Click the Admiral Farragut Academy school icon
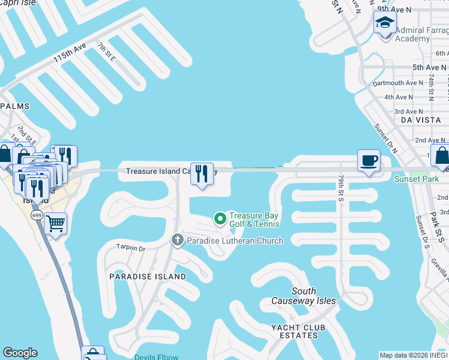tap(385, 24)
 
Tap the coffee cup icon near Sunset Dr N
tap(369, 161)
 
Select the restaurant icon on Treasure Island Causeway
tap(202, 174)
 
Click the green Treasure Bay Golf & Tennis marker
tap(220, 217)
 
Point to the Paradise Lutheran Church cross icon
tap(177, 241)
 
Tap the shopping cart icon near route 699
tap(55, 224)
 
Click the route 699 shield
tap(36, 215)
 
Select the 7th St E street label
tap(106, 52)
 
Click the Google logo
tap(20, 353)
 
